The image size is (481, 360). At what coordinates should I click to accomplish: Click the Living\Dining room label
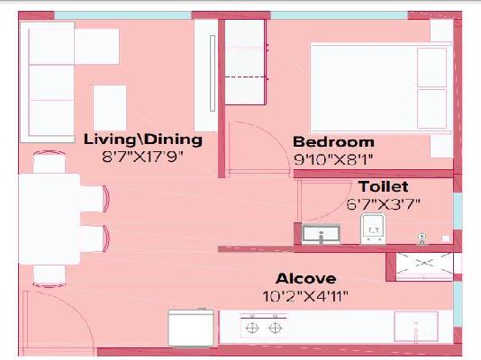[x=142, y=139]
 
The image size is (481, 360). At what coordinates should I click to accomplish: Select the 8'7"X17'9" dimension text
[x=142, y=156]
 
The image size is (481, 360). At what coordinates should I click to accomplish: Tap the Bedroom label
[x=333, y=142]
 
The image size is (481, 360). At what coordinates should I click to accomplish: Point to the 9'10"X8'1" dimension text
[x=333, y=158]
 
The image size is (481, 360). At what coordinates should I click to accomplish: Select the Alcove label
[x=306, y=278]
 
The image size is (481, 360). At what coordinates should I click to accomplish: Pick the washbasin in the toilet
[x=321, y=235]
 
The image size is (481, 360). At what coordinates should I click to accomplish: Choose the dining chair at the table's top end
[x=50, y=165]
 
